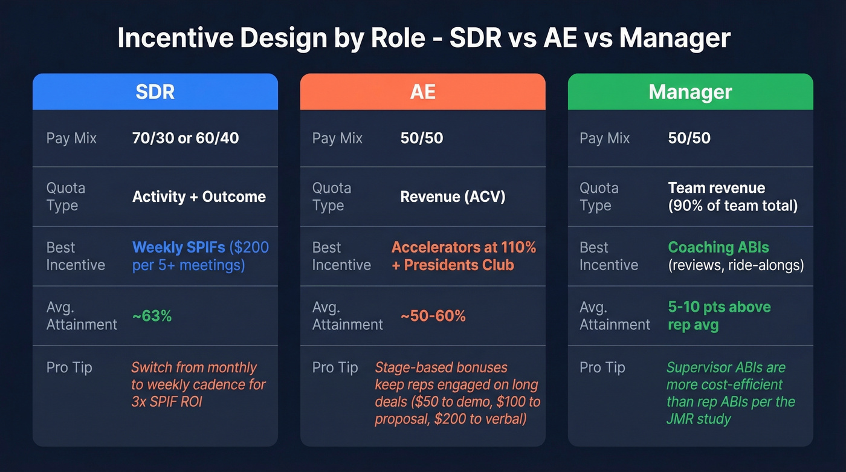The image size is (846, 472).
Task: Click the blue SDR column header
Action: click(x=155, y=92)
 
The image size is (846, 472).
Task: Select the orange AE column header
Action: click(x=422, y=92)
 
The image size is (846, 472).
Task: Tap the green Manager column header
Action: click(x=690, y=92)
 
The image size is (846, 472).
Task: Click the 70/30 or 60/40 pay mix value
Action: click(x=186, y=138)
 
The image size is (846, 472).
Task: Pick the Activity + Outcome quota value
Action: click(x=199, y=196)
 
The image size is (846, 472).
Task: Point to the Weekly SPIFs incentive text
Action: click(x=200, y=256)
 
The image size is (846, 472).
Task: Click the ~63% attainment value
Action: click(x=152, y=315)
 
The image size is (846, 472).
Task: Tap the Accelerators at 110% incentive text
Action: click(x=463, y=256)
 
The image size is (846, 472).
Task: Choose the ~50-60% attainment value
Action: click(x=433, y=315)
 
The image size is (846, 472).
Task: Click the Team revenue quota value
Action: click(x=732, y=196)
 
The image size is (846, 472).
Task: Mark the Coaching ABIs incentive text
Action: click(x=735, y=256)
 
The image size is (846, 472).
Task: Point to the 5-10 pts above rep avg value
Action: click(x=719, y=315)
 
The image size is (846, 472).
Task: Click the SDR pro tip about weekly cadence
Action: click(x=198, y=384)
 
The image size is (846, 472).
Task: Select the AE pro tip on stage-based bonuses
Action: click(x=457, y=393)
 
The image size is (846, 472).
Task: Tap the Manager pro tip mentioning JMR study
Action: click(x=731, y=393)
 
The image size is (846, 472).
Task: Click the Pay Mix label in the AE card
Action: click(x=337, y=138)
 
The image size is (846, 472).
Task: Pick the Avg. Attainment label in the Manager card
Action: click(x=615, y=315)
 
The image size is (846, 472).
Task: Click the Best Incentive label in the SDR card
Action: click(x=76, y=256)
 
